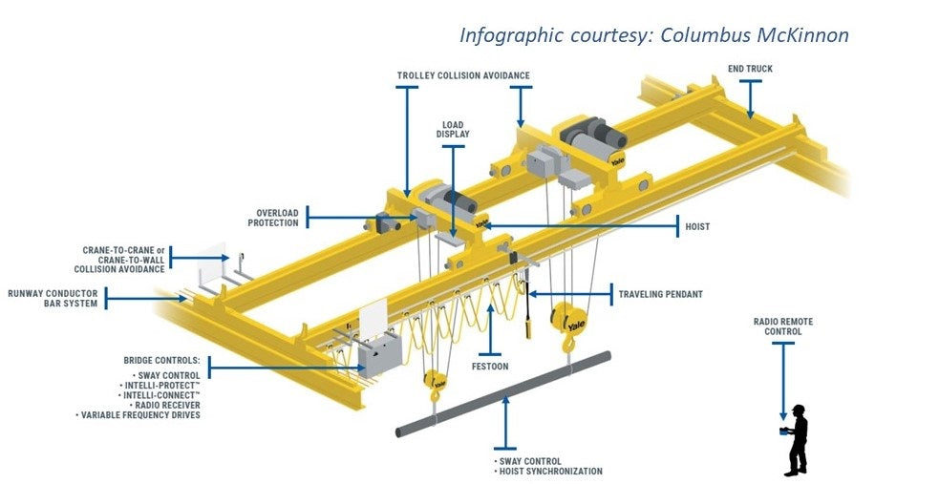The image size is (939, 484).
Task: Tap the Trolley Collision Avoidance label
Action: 463,75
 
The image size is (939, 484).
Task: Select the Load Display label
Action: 453,129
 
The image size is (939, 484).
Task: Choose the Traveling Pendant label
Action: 660,294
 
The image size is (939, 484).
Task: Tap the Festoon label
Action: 489,365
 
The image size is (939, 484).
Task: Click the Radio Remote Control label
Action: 782,327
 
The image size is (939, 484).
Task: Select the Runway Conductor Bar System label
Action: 53,299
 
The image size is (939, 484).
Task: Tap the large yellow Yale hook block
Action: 569,322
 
